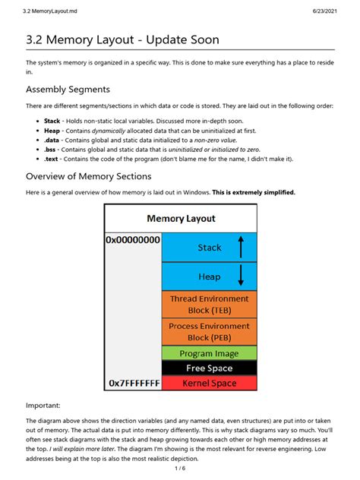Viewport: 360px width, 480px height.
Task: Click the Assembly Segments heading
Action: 68,90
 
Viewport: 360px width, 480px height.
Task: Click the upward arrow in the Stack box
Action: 241,247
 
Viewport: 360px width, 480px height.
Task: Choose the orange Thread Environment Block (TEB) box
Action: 209,304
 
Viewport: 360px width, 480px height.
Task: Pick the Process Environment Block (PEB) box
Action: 209,332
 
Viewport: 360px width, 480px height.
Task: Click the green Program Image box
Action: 209,353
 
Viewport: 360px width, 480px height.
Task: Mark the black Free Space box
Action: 209,368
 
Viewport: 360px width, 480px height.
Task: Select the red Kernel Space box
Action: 209,383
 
